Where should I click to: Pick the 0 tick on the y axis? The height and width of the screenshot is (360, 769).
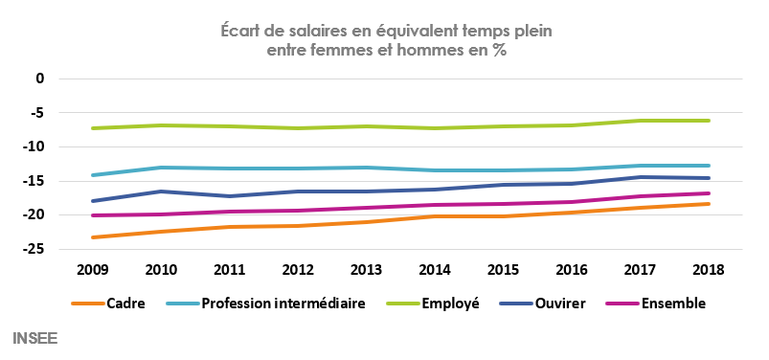pyautogui.click(x=40, y=79)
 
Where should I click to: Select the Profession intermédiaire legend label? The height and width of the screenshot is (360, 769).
pyautogui.click(x=283, y=304)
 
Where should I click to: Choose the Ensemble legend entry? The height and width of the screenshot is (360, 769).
pyautogui.click(x=673, y=304)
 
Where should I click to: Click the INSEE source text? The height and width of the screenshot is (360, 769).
pyautogui.click(x=34, y=338)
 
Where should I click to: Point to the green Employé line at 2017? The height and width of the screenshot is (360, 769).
pyautogui.click(x=640, y=121)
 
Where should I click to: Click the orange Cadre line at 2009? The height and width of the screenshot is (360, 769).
pyautogui.click(x=92, y=237)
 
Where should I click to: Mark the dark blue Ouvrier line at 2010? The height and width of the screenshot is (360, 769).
pyautogui.click(x=161, y=191)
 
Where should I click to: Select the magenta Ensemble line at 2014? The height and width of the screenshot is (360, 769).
pyautogui.click(x=435, y=205)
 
